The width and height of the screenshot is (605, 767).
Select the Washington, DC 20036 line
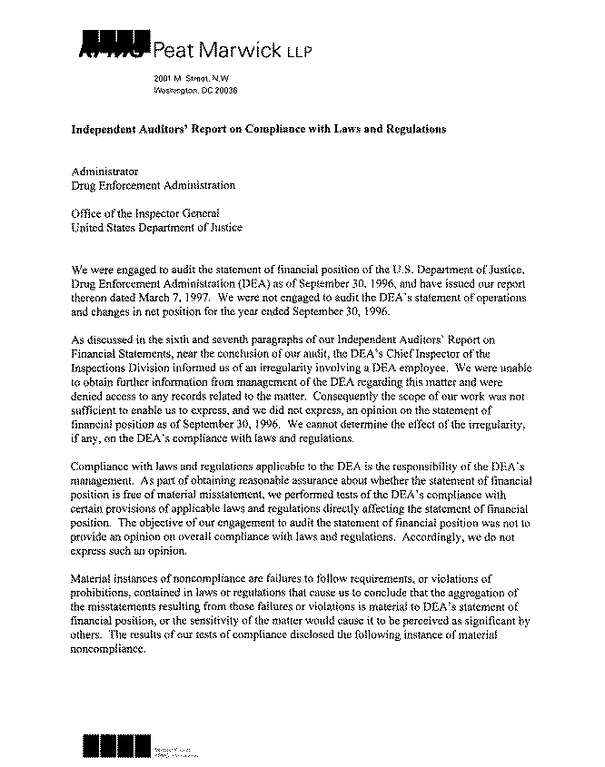(195, 93)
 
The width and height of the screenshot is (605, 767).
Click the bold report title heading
(259, 130)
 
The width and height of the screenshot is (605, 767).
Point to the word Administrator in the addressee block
(104, 171)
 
